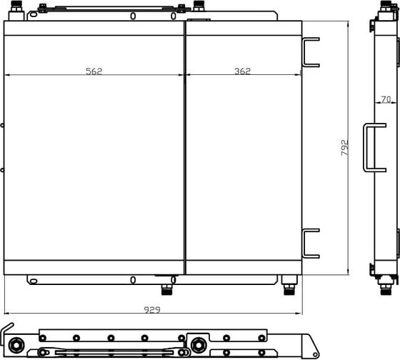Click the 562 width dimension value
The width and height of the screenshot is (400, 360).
click(x=94, y=71)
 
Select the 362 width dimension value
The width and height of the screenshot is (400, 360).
click(x=242, y=71)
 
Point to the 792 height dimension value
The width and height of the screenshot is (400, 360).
click(x=344, y=147)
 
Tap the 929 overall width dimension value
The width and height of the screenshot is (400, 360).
click(x=152, y=310)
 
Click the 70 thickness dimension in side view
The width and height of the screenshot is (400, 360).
click(x=386, y=99)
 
